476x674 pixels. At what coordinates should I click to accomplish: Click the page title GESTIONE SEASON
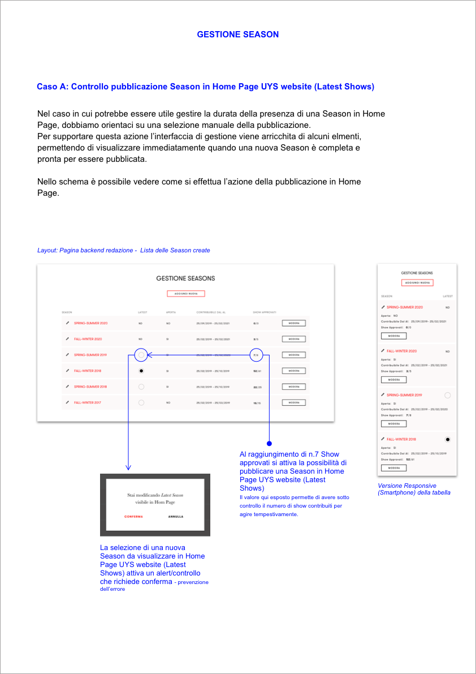point(237,35)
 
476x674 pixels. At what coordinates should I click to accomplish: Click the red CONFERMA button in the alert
point(133,517)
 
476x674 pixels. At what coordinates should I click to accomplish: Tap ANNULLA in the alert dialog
point(175,517)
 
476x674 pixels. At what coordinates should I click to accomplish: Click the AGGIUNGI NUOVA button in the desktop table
point(185,294)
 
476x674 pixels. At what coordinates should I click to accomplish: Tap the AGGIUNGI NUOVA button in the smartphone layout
point(417,282)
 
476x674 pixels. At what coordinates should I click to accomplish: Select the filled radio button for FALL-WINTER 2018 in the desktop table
point(141,371)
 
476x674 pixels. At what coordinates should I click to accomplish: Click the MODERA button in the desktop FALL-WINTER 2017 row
point(293,402)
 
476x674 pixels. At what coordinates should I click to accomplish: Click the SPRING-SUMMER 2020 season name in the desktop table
point(90,323)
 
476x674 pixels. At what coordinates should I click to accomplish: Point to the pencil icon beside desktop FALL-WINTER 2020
point(67,339)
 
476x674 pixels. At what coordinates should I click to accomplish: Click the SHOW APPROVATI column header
point(264,312)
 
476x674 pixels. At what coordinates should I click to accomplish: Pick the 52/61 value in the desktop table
point(256,371)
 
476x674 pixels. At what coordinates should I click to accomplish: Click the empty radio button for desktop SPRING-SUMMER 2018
point(141,387)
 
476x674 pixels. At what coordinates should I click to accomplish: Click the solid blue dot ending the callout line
point(270,443)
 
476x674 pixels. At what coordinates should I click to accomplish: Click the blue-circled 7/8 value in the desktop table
point(256,355)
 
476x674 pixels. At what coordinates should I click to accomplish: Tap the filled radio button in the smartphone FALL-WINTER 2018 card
point(448,439)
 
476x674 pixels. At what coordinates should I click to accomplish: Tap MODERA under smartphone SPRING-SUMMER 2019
point(393,423)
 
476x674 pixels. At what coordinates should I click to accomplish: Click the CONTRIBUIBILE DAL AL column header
point(211,312)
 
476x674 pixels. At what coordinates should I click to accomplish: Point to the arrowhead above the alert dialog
point(128,467)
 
